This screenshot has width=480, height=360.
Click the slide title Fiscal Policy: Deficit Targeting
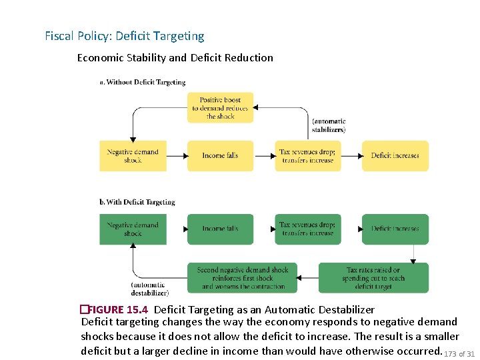pos(125,36)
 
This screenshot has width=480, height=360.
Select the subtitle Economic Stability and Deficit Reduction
pos(175,58)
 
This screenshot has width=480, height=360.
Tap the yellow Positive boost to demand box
pos(220,108)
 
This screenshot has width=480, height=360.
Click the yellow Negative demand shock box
pos(133,155)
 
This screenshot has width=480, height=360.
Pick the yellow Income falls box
pos(220,155)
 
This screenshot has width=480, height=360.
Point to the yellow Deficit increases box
pos(395,155)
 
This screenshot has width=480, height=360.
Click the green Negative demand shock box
pos(133,229)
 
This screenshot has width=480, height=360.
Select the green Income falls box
pos(220,229)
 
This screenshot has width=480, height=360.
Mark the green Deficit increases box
pos(395,229)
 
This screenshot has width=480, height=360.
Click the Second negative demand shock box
pos(243,278)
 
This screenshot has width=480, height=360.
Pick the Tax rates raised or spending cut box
pos(373,278)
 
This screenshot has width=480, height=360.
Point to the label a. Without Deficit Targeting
pos(143,83)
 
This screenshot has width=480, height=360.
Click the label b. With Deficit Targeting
pos(137,202)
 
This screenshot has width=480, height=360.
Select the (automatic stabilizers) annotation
pos(329,125)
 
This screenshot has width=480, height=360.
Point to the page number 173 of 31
pos(459,353)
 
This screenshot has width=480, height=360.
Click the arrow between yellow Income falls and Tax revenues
pos(265,156)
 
